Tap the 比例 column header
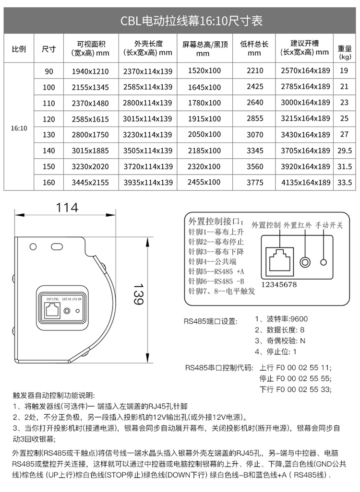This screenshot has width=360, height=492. (x=19, y=49)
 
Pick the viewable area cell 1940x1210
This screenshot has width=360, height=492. (x=90, y=71)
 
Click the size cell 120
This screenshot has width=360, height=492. (x=49, y=118)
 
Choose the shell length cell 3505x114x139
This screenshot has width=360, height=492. (x=147, y=151)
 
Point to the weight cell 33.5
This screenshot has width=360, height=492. (x=345, y=182)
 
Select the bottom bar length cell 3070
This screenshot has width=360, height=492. (x=255, y=134)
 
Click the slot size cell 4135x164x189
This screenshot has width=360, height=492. (x=306, y=182)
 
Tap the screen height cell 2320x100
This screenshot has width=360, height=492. (x=204, y=166)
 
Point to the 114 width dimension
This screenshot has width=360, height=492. (x=67, y=208)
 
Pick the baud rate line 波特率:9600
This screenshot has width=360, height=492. (x=282, y=319)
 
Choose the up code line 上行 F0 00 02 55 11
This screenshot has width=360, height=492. (x=295, y=368)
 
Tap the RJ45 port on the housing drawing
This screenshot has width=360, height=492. (x=51, y=310)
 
